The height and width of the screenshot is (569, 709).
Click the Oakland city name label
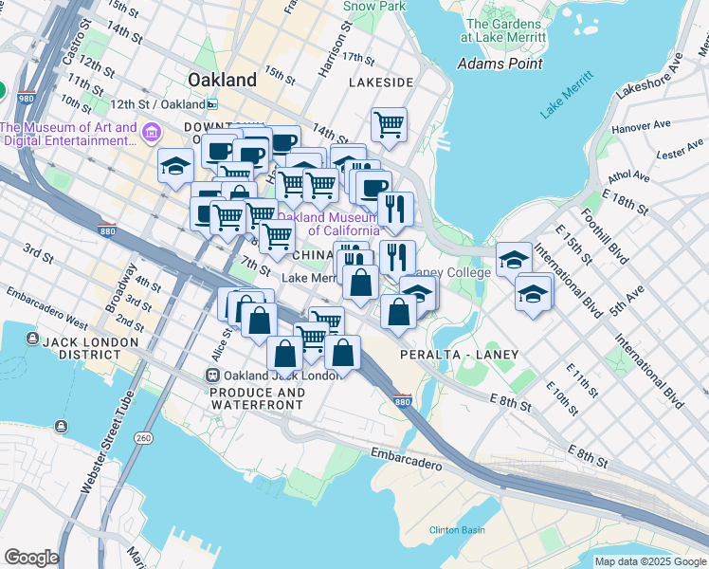tap(222, 80)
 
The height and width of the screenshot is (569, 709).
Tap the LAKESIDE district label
tap(380, 83)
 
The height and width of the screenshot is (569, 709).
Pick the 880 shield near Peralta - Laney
tap(402, 401)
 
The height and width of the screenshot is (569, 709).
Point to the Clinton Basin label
tap(457, 530)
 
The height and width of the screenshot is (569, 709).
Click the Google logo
tap(31, 558)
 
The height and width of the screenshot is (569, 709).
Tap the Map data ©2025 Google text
tap(650, 561)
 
